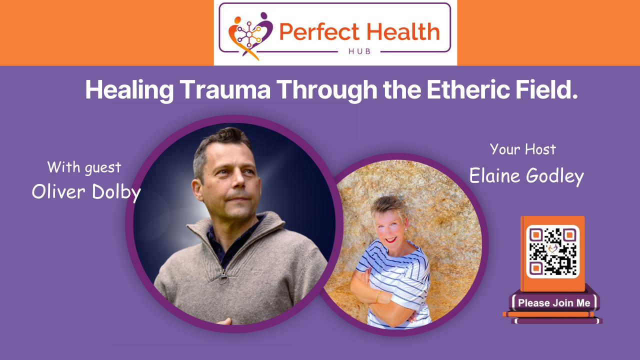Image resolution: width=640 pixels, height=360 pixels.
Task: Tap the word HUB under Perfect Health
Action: click(359, 51)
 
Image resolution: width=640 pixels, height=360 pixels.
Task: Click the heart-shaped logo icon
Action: click(250, 34)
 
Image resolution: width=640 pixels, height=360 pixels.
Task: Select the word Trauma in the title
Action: click(225, 90)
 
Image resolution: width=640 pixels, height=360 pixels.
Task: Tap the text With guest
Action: click(84, 167)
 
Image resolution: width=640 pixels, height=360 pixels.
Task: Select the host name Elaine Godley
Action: click(526, 175)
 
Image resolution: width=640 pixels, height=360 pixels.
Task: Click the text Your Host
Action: click(522, 149)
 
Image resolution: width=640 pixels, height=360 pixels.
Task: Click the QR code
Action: click(552, 251)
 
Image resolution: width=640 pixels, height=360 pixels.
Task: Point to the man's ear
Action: click(197, 189)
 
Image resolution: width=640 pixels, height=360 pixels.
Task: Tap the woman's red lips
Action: click(390, 239)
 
